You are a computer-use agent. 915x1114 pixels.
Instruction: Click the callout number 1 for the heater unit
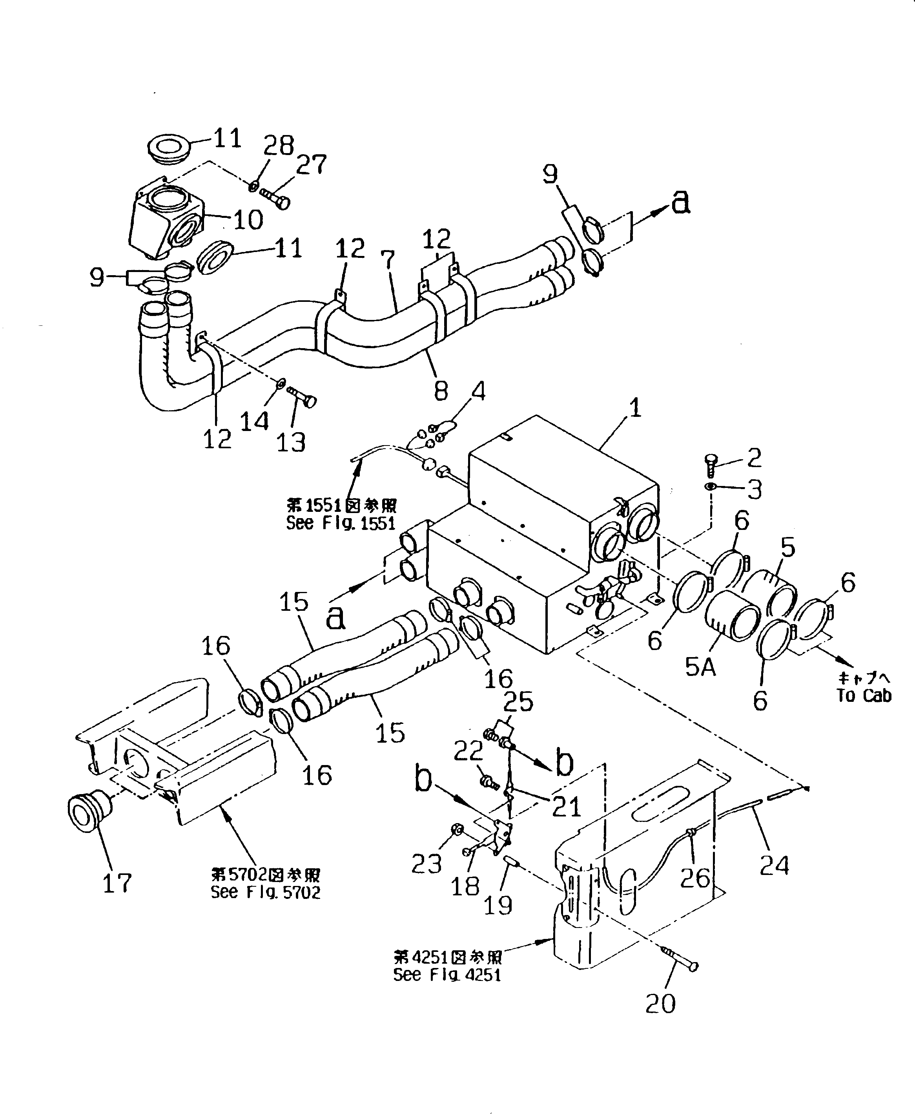[x=635, y=407]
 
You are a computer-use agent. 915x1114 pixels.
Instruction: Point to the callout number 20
[x=660, y=1003]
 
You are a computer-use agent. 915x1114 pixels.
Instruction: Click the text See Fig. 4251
[x=447, y=974]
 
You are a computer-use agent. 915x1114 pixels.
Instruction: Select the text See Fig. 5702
[x=265, y=892]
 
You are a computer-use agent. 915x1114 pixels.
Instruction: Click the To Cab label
[x=863, y=696]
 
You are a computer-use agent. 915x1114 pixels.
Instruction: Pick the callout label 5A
[x=700, y=667]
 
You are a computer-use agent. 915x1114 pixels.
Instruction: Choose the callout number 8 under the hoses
[x=441, y=390]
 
